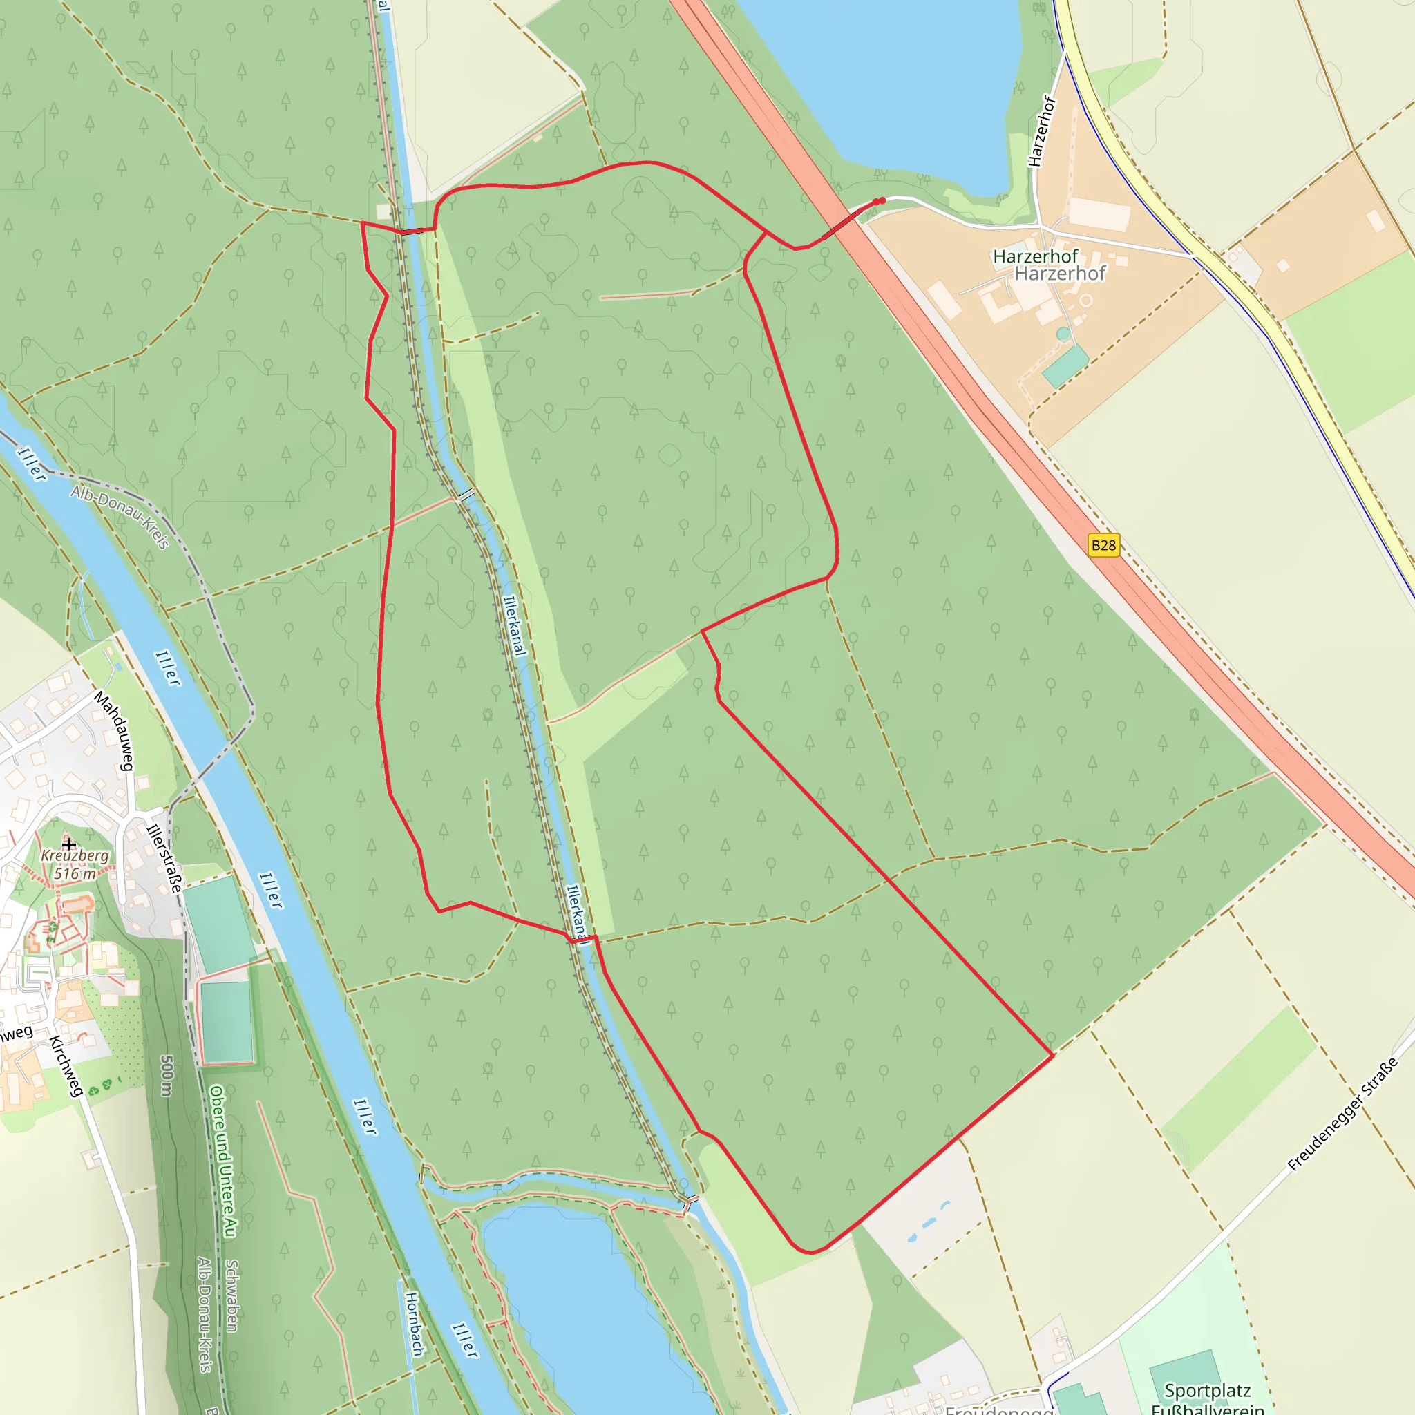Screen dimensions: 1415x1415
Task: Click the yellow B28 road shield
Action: pyautogui.click(x=1103, y=545)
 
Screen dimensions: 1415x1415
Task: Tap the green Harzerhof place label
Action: pyautogui.click(x=1035, y=256)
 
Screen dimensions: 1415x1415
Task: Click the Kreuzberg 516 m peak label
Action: pyautogui.click(x=75, y=864)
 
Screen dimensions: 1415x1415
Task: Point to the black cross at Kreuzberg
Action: pyautogui.click(x=69, y=844)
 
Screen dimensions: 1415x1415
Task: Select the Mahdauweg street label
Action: pyautogui.click(x=114, y=730)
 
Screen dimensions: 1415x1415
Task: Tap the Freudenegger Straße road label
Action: pyautogui.click(x=1342, y=1114)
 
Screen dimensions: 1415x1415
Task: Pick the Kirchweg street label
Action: pyautogui.click(x=65, y=1065)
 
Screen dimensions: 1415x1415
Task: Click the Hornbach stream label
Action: pyautogui.click(x=415, y=1324)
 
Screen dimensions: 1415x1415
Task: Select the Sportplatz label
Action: pyautogui.click(x=1207, y=1390)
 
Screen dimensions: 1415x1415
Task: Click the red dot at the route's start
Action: pyautogui.click(x=882, y=200)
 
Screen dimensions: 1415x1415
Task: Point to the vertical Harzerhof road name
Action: pyautogui.click(x=1042, y=132)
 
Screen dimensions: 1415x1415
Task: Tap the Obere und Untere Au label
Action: pyautogui.click(x=222, y=1162)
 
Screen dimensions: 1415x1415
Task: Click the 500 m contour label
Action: pyautogui.click(x=167, y=1076)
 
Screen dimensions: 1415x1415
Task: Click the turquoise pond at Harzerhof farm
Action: pyautogui.click(x=1065, y=365)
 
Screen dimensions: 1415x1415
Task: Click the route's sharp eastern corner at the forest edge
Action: pyautogui.click(x=1052, y=1056)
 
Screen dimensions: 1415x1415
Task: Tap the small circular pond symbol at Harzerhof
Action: pyautogui.click(x=1063, y=334)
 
